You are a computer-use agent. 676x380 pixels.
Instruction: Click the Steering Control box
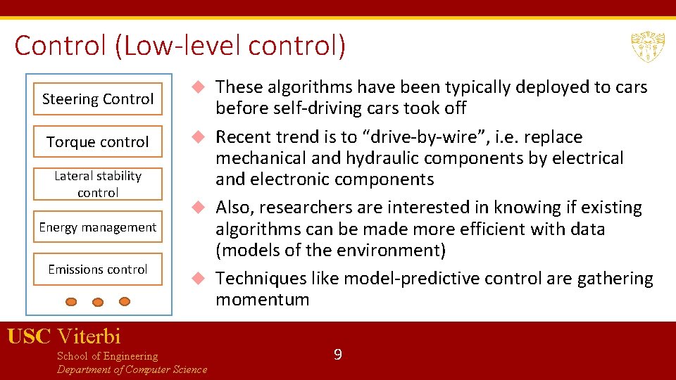pos(97,99)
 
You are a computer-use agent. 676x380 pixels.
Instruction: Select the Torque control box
pos(97,142)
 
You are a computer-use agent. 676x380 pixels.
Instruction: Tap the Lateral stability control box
pos(97,184)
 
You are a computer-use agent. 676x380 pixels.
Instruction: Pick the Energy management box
pos(97,227)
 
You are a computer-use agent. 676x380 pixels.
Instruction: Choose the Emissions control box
pos(97,269)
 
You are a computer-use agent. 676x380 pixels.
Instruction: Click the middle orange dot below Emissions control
pos(98,302)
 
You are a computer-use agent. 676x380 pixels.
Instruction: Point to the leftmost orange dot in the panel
pos(71,301)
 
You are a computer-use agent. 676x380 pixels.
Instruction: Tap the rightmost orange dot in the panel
pos(125,301)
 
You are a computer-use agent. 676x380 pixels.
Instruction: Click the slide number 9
pos(337,355)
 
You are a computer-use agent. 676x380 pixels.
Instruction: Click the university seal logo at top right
pos(647,47)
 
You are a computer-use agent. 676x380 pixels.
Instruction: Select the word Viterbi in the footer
pos(89,336)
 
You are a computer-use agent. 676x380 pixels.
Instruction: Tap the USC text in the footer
pos(29,336)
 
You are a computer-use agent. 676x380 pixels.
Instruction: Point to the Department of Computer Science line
pos(132,369)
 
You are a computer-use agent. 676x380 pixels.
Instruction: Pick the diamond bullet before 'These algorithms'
pos(199,87)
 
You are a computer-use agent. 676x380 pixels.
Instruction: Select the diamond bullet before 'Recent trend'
pos(199,137)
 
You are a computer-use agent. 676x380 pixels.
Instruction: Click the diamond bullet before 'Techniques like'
pos(199,279)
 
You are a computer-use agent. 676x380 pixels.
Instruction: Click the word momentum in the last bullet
pos(262,300)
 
